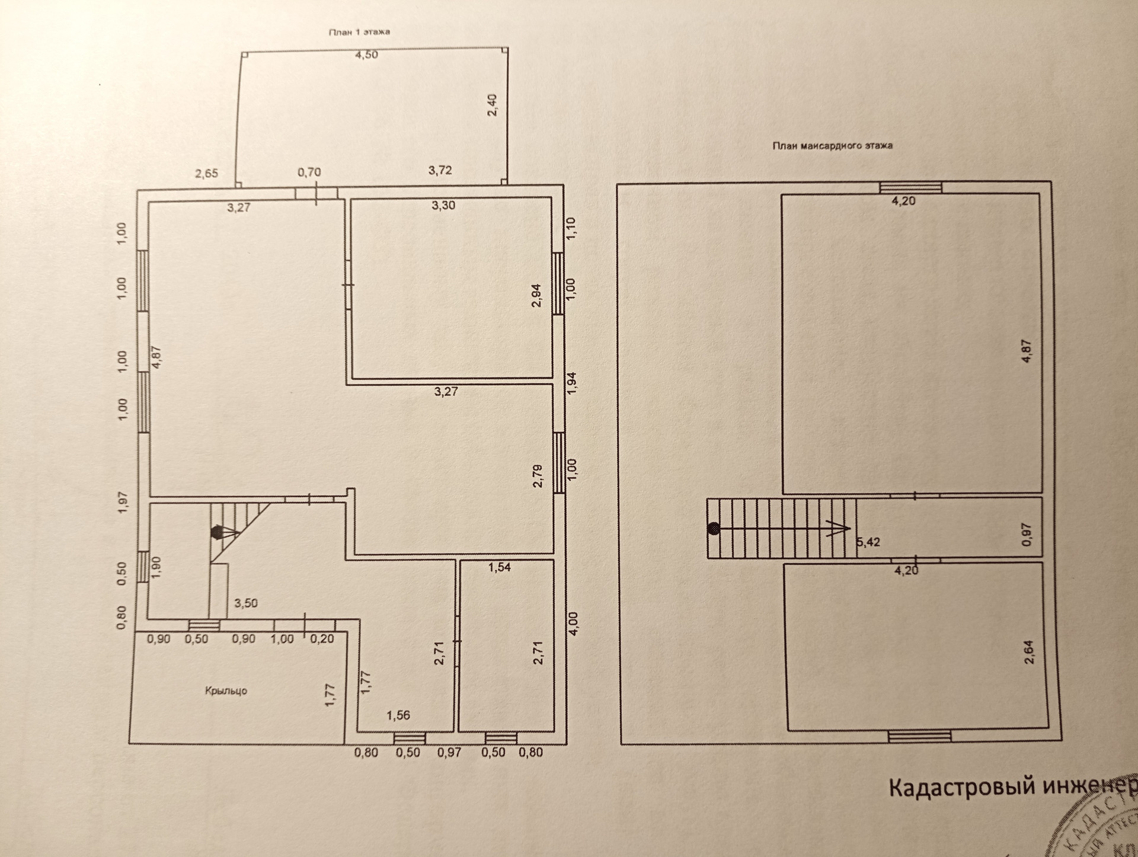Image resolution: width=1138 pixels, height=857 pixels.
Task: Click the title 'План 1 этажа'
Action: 359,32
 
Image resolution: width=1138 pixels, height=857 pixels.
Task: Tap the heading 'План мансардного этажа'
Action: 832,145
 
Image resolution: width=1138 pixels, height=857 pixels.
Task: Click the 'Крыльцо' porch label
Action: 226,690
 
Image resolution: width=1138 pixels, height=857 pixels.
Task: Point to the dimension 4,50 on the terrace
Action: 366,55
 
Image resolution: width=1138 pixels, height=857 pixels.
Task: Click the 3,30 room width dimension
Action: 443,206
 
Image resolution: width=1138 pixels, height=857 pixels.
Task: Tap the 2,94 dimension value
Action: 536,295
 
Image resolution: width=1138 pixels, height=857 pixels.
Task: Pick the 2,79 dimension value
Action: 538,475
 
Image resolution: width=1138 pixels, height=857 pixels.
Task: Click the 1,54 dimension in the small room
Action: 499,567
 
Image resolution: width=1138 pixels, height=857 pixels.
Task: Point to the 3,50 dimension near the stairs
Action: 246,603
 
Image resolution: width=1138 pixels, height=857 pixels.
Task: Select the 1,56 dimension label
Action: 398,715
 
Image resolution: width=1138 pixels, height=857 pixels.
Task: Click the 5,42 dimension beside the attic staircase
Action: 868,542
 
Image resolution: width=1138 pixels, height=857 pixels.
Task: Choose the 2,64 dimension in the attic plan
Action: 1028,651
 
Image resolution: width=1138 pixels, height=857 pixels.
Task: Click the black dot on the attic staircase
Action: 714,529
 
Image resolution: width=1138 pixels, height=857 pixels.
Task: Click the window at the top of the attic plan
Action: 910,188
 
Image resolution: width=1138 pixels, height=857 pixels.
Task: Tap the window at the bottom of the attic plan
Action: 919,737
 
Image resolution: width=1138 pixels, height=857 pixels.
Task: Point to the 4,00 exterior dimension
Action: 573,623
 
